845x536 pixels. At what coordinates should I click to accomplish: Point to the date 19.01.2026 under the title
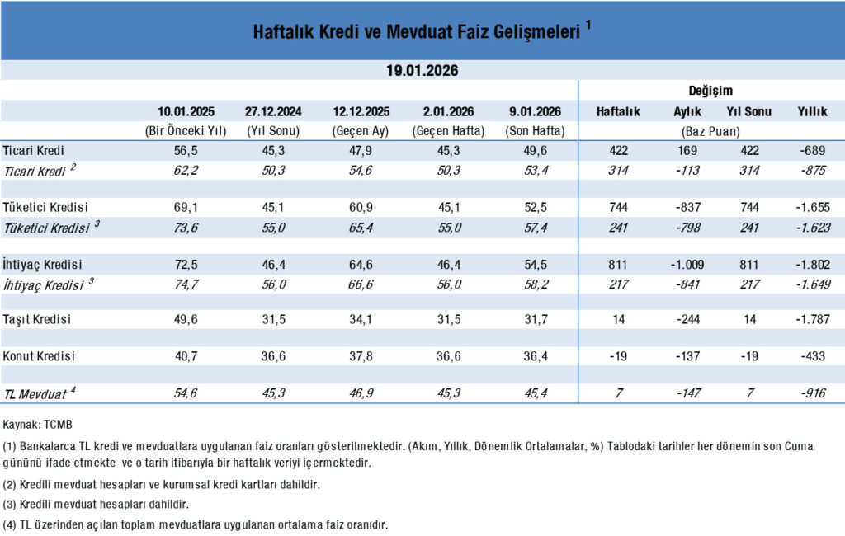(422, 71)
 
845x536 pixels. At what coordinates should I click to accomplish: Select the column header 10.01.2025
(186, 111)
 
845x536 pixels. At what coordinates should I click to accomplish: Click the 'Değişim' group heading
(710, 91)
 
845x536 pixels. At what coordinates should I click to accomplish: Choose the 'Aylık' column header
(687, 111)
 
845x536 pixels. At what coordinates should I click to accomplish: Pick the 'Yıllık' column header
(812, 111)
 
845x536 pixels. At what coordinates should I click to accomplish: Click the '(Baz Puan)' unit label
(710, 131)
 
